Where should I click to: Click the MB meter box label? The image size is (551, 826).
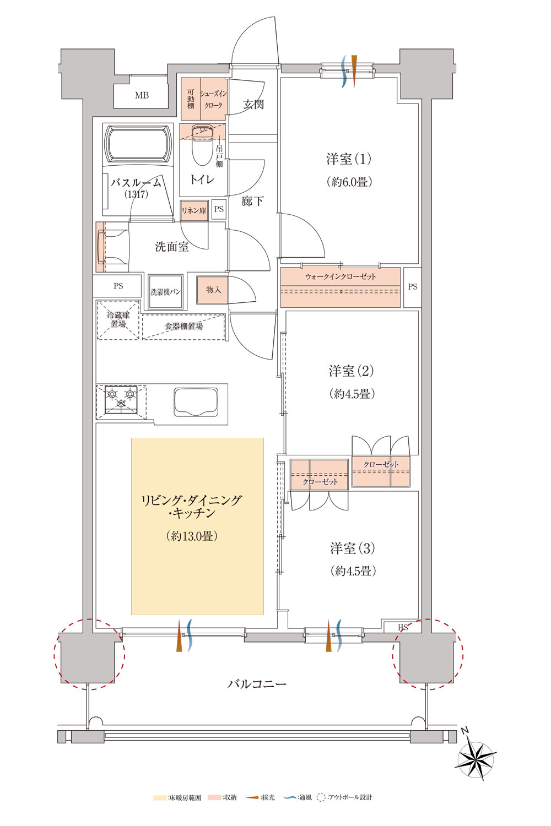142,95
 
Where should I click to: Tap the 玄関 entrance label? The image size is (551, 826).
253,105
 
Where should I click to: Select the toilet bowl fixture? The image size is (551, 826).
202,145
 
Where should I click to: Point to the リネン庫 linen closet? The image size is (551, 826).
194,210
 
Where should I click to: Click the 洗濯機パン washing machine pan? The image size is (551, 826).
165,292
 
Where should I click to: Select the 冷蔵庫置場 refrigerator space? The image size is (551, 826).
118,320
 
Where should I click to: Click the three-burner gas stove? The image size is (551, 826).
121,399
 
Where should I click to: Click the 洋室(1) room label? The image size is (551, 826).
348,159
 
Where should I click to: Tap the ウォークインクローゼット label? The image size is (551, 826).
341,276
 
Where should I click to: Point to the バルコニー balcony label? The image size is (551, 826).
257,684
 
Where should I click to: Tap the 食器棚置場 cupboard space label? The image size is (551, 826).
183,326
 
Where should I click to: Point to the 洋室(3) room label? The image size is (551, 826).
353,548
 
